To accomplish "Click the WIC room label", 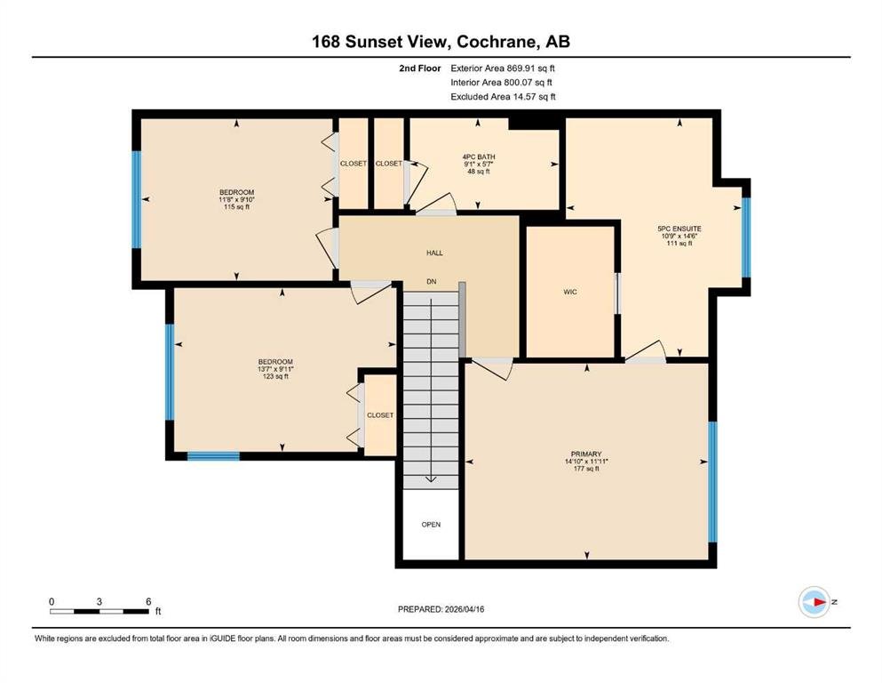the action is [x=570, y=292].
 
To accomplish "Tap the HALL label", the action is [x=434, y=253].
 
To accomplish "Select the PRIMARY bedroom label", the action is [x=586, y=454].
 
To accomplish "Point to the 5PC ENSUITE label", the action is [x=679, y=229].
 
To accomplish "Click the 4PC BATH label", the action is [x=479, y=157].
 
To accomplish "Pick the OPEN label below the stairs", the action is [x=431, y=524].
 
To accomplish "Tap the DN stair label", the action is [x=432, y=282].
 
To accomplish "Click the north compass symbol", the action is [x=814, y=602].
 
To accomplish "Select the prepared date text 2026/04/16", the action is [x=464, y=609].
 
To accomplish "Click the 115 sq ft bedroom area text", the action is [x=236, y=206].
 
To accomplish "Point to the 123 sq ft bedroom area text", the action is [x=275, y=376].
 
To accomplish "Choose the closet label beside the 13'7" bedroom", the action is [x=380, y=415].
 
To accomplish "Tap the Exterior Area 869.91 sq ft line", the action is [x=503, y=68].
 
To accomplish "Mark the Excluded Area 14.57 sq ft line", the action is [x=503, y=96].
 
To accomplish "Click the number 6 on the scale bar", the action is [x=148, y=601].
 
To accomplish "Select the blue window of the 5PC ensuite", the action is [x=746, y=237].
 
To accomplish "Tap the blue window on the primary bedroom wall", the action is [x=712, y=481].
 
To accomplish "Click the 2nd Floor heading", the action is [x=419, y=68].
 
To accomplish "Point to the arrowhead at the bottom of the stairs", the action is [x=431, y=479].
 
